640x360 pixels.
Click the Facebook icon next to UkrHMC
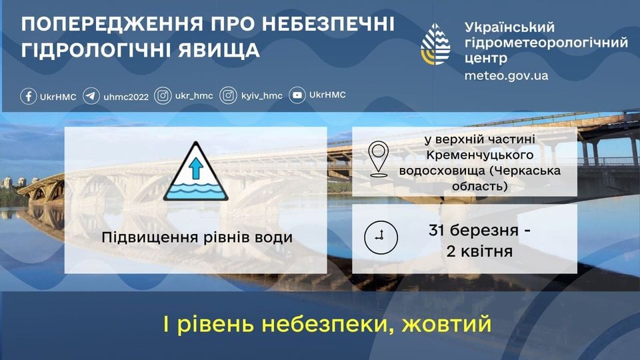pyautogui.click(x=28, y=96)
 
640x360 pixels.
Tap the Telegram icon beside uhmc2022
pyautogui.click(x=91, y=96)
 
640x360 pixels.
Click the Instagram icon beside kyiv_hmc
pyautogui.click(x=229, y=96)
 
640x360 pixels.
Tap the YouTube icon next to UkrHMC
pyautogui.click(x=298, y=96)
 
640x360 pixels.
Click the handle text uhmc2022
pyautogui.click(x=126, y=97)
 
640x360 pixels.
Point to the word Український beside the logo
pyautogui.click(x=509, y=27)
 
